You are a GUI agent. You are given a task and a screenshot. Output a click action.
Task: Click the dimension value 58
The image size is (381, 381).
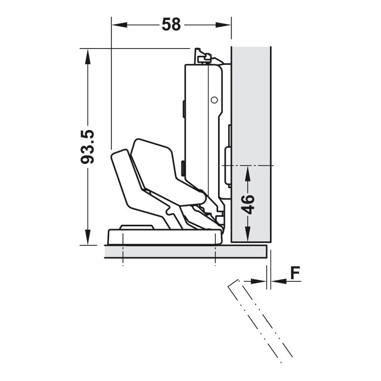point(171,24)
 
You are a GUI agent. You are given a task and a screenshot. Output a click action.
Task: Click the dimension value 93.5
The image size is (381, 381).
point(88,147)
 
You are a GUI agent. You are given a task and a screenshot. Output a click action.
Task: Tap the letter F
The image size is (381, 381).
point(295,273)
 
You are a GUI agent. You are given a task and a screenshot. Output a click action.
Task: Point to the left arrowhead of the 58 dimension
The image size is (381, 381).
point(120,25)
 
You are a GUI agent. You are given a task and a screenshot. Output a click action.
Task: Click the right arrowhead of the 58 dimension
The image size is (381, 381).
point(223,25)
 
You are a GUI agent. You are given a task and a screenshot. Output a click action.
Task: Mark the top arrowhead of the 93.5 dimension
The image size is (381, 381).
point(88,57)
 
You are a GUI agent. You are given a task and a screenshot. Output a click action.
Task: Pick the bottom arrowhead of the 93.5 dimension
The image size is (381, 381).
point(88,237)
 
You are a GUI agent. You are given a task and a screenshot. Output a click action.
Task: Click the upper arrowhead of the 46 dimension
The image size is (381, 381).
point(248,174)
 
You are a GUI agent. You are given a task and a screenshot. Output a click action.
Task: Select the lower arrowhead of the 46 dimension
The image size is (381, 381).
point(248,233)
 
